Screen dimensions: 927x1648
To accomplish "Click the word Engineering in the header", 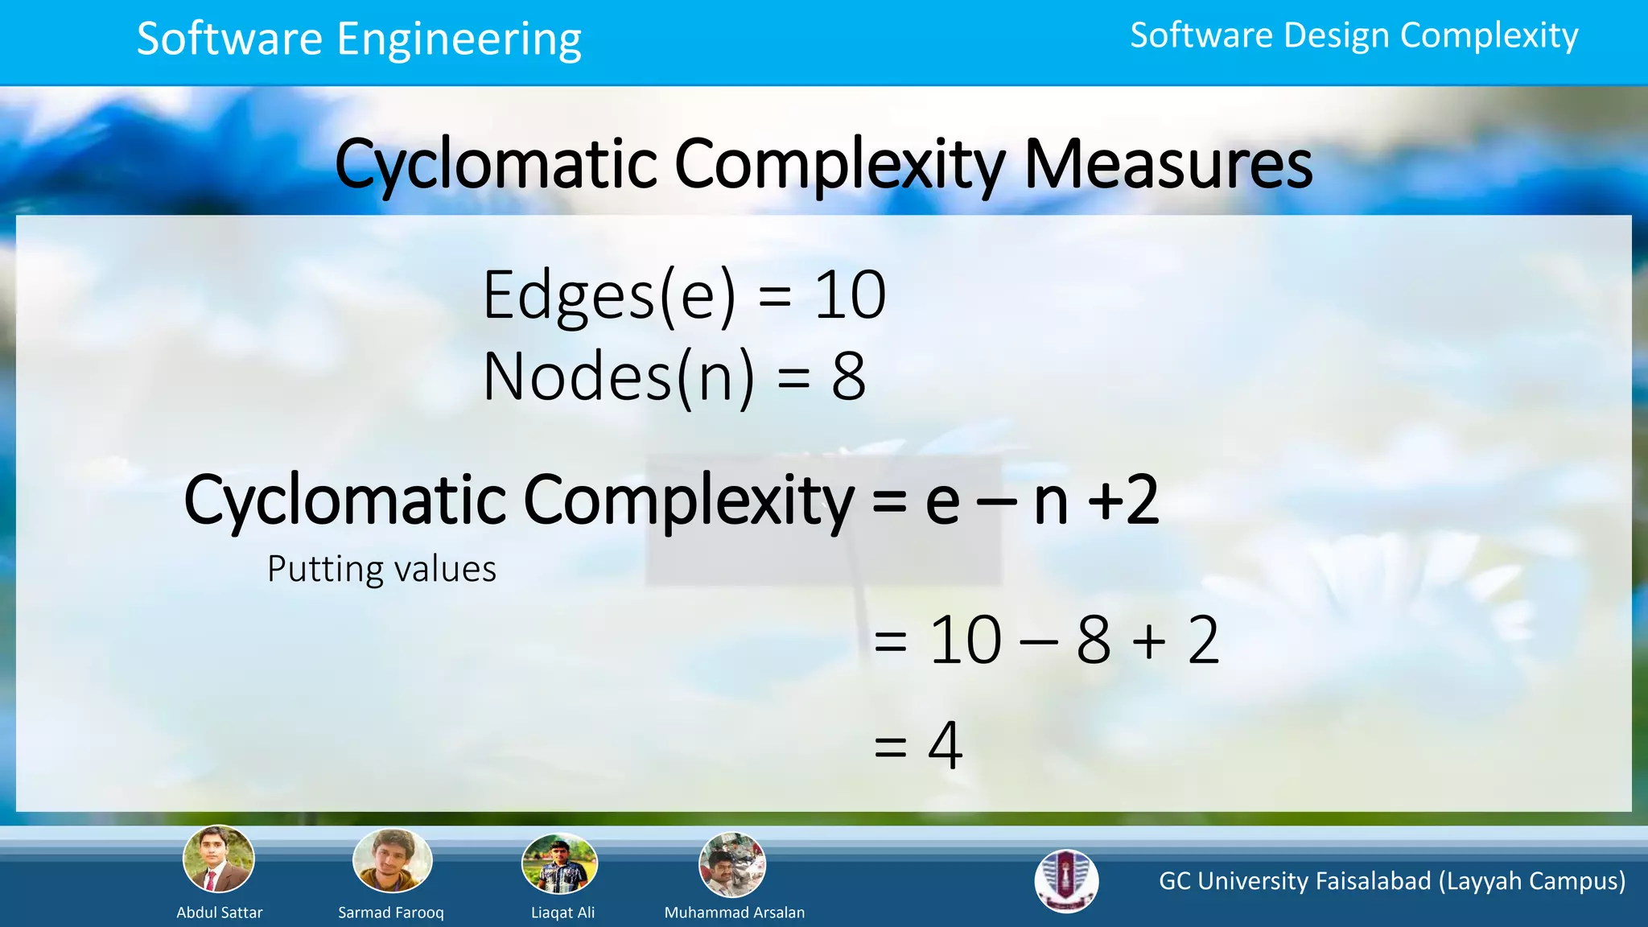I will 459,39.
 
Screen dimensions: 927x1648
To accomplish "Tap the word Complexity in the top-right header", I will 1489,35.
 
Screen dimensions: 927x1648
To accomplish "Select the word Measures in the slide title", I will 1168,164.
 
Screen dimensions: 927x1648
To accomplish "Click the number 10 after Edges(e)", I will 850,295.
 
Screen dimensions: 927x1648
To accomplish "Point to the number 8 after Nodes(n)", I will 848,377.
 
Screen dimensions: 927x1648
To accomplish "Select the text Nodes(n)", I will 618,377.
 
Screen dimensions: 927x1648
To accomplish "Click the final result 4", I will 945,745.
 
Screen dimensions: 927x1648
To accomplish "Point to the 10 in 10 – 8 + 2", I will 966,641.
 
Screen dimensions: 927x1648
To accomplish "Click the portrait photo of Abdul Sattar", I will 219,859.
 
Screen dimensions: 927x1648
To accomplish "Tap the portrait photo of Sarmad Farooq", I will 392,861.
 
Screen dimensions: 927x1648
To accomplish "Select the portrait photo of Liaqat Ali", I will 560,864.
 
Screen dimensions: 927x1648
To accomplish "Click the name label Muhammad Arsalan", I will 734,913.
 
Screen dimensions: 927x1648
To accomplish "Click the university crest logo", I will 1066,880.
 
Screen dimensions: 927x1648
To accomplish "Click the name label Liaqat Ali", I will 562,913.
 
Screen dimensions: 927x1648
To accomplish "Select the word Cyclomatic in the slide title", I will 496,164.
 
